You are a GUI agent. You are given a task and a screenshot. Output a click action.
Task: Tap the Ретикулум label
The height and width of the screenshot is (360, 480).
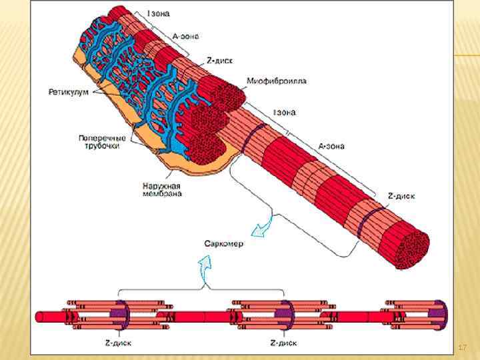[x=67, y=92]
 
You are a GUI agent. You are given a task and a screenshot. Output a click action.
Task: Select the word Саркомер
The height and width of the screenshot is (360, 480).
[x=224, y=243]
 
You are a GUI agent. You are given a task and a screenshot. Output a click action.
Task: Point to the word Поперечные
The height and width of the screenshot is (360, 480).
[x=102, y=138]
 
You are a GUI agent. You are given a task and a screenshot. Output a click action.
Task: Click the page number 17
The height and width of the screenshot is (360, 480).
[x=463, y=347]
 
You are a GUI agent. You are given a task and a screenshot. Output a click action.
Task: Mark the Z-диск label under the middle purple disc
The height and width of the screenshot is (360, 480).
[x=283, y=343]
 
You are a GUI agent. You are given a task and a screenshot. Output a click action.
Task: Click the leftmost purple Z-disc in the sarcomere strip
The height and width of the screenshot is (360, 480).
[x=119, y=313]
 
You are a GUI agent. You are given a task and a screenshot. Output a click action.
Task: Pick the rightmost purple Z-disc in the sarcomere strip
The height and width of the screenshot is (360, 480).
[x=439, y=313]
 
